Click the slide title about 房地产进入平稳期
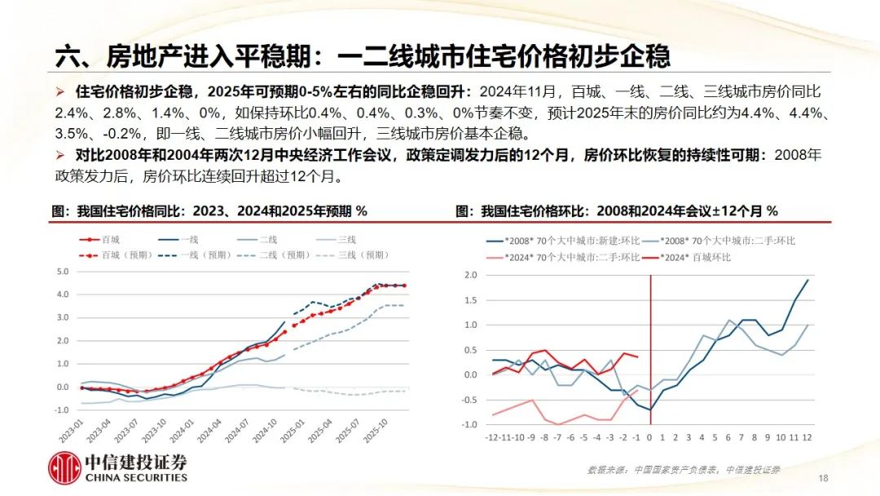[362, 55]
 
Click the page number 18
[822, 477]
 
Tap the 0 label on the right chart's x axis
[649, 438]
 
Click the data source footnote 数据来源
[684, 470]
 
